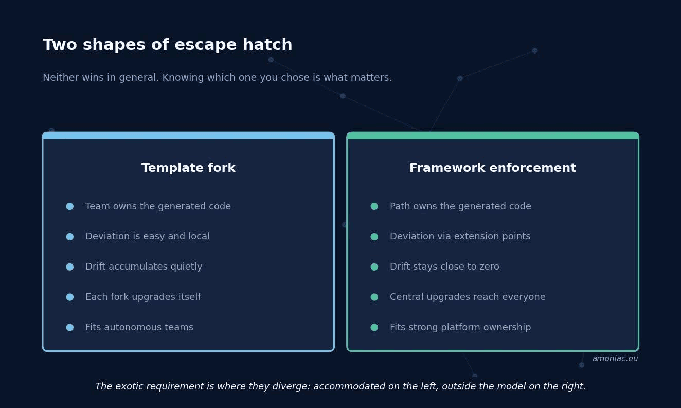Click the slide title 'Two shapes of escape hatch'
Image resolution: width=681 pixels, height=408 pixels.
pyautogui.click(x=168, y=45)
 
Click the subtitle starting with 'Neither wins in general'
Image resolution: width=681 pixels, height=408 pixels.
pyautogui.click(x=217, y=78)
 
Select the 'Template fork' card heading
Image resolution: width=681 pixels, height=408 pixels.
pyautogui.click(x=188, y=168)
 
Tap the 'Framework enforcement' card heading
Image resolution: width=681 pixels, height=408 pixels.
pyautogui.click(x=493, y=168)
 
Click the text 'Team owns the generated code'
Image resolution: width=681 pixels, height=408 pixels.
pyautogui.click(x=158, y=206)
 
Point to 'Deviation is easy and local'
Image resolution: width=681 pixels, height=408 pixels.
pyautogui.click(x=148, y=236)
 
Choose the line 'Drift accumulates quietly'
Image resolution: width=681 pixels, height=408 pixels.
pyautogui.click(x=144, y=267)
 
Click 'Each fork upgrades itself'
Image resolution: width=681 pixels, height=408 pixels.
pyautogui.click(x=143, y=297)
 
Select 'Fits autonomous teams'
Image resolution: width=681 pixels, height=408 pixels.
pyautogui.click(x=139, y=327)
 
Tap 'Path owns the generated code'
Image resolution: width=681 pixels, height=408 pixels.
pyautogui.click(x=460, y=206)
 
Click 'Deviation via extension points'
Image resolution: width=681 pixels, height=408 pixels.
pyautogui.click(x=460, y=236)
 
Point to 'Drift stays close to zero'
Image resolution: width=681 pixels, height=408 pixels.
pyautogui.click(x=444, y=267)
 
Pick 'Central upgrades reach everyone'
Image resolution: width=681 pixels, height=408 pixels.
pyautogui.click(x=468, y=297)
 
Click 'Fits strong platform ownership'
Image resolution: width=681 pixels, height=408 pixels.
pyautogui.click(x=460, y=327)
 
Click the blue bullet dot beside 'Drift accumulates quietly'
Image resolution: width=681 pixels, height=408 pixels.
pyautogui.click(x=70, y=267)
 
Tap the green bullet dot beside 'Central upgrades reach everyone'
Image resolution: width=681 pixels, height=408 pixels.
pyautogui.click(x=374, y=297)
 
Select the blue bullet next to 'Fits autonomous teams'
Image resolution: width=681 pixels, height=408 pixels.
pyautogui.click(x=70, y=327)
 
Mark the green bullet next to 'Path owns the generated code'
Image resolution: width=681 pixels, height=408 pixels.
pyautogui.click(x=374, y=206)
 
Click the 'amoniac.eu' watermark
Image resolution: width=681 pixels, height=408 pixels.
pyautogui.click(x=615, y=359)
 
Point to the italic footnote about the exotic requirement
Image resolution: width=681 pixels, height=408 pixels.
pyautogui.click(x=340, y=386)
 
